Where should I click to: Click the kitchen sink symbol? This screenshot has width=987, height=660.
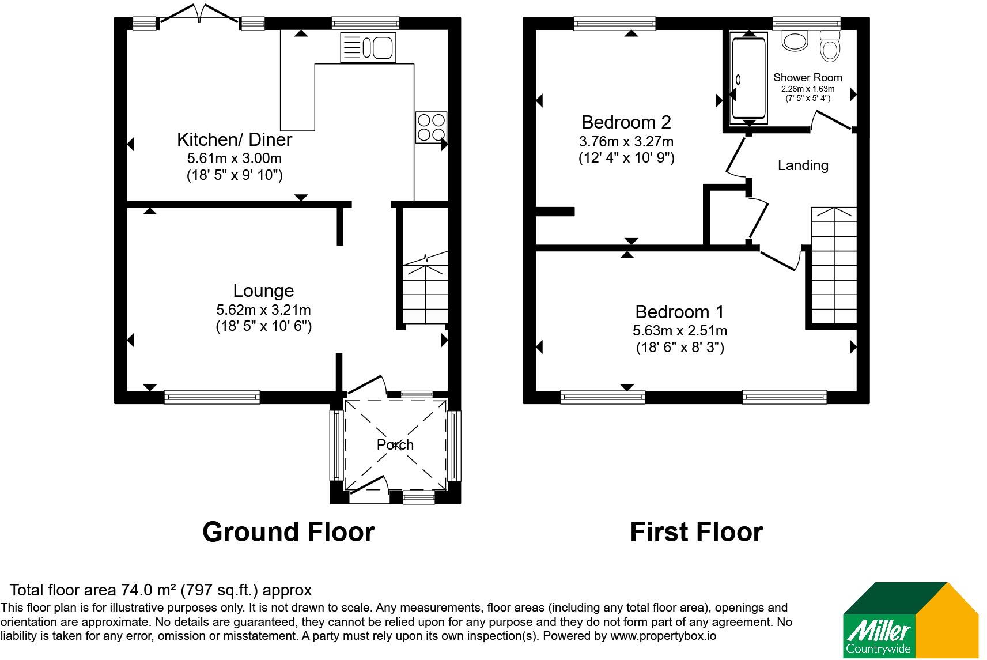click(368, 48)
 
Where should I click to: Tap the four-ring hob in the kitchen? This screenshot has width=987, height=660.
click(431, 127)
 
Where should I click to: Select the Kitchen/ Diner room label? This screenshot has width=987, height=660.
click(235, 139)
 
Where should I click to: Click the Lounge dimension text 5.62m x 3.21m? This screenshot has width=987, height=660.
click(263, 310)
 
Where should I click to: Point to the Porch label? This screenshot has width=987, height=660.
click(395, 444)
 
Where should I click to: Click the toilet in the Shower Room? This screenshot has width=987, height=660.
click(830, 46)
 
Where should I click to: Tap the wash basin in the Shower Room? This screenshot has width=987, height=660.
click(795, 40)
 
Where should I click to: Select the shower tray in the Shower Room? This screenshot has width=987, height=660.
click(749, 78)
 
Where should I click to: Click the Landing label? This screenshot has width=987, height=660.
click(803, 165)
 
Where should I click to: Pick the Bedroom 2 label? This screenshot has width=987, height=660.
click(626, 122)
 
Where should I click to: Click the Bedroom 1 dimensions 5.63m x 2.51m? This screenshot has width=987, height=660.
click(680, 330)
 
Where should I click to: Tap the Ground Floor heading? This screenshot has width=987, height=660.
click(289, 532)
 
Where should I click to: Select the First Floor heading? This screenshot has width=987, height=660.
click(697, 532)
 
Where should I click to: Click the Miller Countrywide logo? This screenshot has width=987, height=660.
click(911, 620)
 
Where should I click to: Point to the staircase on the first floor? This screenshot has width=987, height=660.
click(834, 265)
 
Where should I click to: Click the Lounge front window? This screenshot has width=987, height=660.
click(212, 397)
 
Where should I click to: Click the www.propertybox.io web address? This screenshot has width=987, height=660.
click(663, 636)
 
